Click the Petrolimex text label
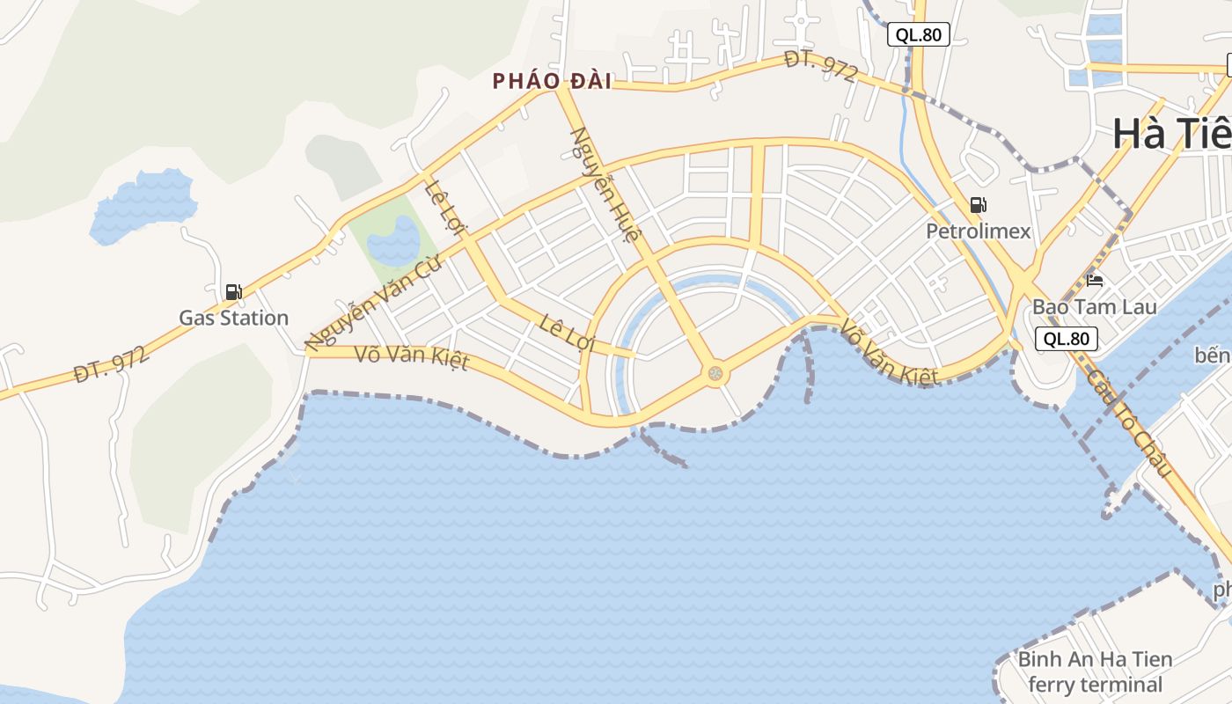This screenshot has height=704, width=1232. pyautogui.click(x=978, y=231)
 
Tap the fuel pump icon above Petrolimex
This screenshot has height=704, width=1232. pyautogui.click(x=978, y=205)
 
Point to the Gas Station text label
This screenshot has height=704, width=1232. pyautogui.click(x=233, y=318)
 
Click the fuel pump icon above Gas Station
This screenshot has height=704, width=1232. pyautogui.click(x=233, y=291)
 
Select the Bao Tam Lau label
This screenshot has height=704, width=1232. pyautogui.click(x=1094, y=307)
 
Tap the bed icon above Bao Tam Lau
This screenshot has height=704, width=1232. pyautogui.click(x=1095, y=281)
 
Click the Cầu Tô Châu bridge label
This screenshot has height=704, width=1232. pyautogui.click(x=1130, y=422)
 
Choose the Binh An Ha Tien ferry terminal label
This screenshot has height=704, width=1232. pyautogui.click(x=1095, y=671)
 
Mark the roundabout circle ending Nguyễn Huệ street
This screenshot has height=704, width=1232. pyautogui.click(x=715, y=374)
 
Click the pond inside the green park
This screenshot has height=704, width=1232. pyautogui.click(x=393, y=242)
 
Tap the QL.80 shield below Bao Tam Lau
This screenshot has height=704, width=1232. pyautogui.click(x=1067, y=339)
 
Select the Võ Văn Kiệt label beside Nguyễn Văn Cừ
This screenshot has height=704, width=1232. pyautogui.click(x=412, y=357)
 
